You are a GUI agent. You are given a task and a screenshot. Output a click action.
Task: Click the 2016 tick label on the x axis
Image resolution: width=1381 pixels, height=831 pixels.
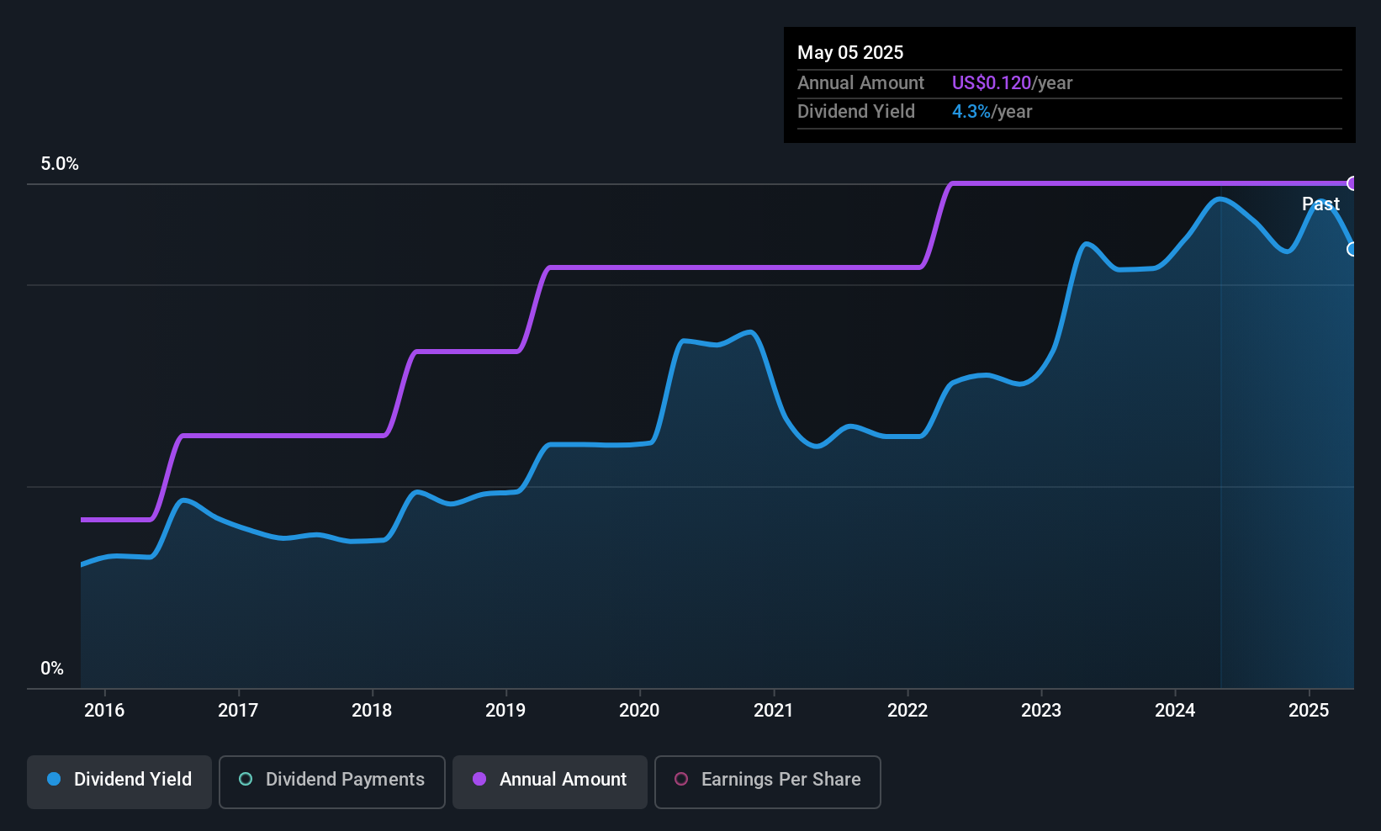click(x=104, y=710)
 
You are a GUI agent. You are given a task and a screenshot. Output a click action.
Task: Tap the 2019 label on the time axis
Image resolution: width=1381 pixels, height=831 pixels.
click(x=505, y=710)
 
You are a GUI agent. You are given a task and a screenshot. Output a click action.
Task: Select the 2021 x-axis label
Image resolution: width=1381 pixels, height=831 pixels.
click(x=773, y=710)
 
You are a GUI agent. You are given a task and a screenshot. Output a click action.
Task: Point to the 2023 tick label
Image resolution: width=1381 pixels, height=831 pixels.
click(x=1041, y=710)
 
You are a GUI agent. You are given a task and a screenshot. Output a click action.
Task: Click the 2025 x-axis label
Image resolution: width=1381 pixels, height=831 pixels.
click(x=1309, y=710)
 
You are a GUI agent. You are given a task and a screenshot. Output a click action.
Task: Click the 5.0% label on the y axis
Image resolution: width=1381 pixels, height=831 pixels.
click(x=60, y=164)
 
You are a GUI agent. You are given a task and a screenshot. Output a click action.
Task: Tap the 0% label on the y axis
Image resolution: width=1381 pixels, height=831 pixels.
click(x=52, y=669)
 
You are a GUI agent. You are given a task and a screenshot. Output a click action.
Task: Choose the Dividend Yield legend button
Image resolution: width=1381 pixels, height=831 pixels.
click(x=119, y=781)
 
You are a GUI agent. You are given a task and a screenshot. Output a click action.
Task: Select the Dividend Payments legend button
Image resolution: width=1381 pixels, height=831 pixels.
click(x=331, y=781)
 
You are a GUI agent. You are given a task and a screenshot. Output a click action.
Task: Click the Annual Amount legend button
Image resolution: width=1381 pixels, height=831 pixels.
click(x=550, y=781)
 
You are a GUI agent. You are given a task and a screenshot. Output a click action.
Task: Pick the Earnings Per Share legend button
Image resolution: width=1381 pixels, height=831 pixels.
click(x=768, y=781)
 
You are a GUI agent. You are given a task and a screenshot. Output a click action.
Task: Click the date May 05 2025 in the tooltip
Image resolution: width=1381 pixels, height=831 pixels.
click(x=850, y=52)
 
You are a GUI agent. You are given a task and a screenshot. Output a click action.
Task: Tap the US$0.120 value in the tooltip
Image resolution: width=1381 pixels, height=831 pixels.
click(x=992, y=82)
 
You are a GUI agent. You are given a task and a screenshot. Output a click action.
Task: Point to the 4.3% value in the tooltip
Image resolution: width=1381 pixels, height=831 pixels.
click(x=971, y=112)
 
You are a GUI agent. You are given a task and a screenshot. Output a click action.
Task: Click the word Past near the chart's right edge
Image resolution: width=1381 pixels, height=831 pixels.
click(x=1320, y=204)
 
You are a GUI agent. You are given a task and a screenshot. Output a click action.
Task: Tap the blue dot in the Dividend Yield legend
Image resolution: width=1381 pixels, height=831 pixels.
click(x=55, y=779)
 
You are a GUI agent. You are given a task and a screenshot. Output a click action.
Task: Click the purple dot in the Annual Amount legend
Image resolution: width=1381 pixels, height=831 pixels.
click(x=479, y=779)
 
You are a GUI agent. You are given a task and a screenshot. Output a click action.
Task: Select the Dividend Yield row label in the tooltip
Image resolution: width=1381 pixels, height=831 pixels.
click(x=855, y=112)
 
